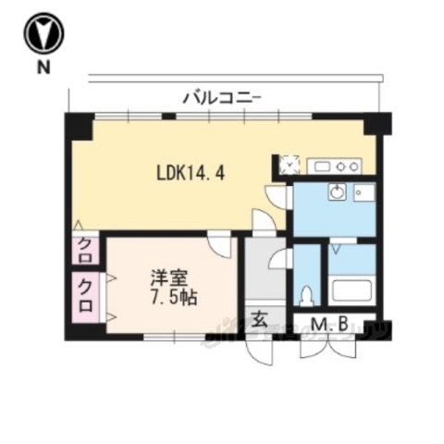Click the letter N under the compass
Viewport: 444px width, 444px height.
(43, 67)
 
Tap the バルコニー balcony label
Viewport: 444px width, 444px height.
(223, 94)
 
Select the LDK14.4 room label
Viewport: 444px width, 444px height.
(191, 171)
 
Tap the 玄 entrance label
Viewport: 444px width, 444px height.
(260, 320)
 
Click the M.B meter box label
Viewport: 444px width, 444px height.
(328, 324)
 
